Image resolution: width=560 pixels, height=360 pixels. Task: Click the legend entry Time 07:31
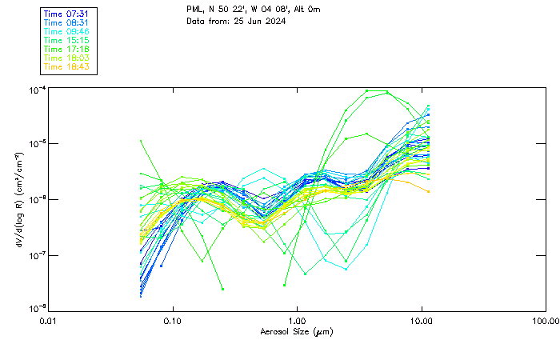66,14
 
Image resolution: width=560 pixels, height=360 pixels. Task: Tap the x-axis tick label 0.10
173,321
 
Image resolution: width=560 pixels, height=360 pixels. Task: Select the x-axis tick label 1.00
298,321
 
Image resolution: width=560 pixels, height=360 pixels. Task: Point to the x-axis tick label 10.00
422,321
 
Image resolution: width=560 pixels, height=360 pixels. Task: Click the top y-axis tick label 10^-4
36,90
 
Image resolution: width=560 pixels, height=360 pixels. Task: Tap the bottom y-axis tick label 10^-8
36,309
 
